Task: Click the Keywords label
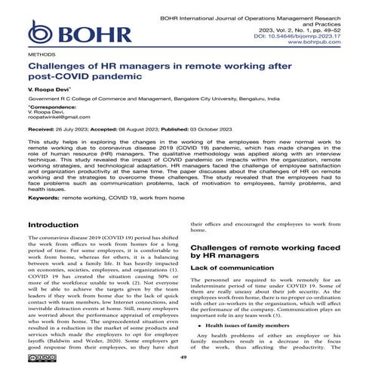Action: [x=43, y=197]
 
